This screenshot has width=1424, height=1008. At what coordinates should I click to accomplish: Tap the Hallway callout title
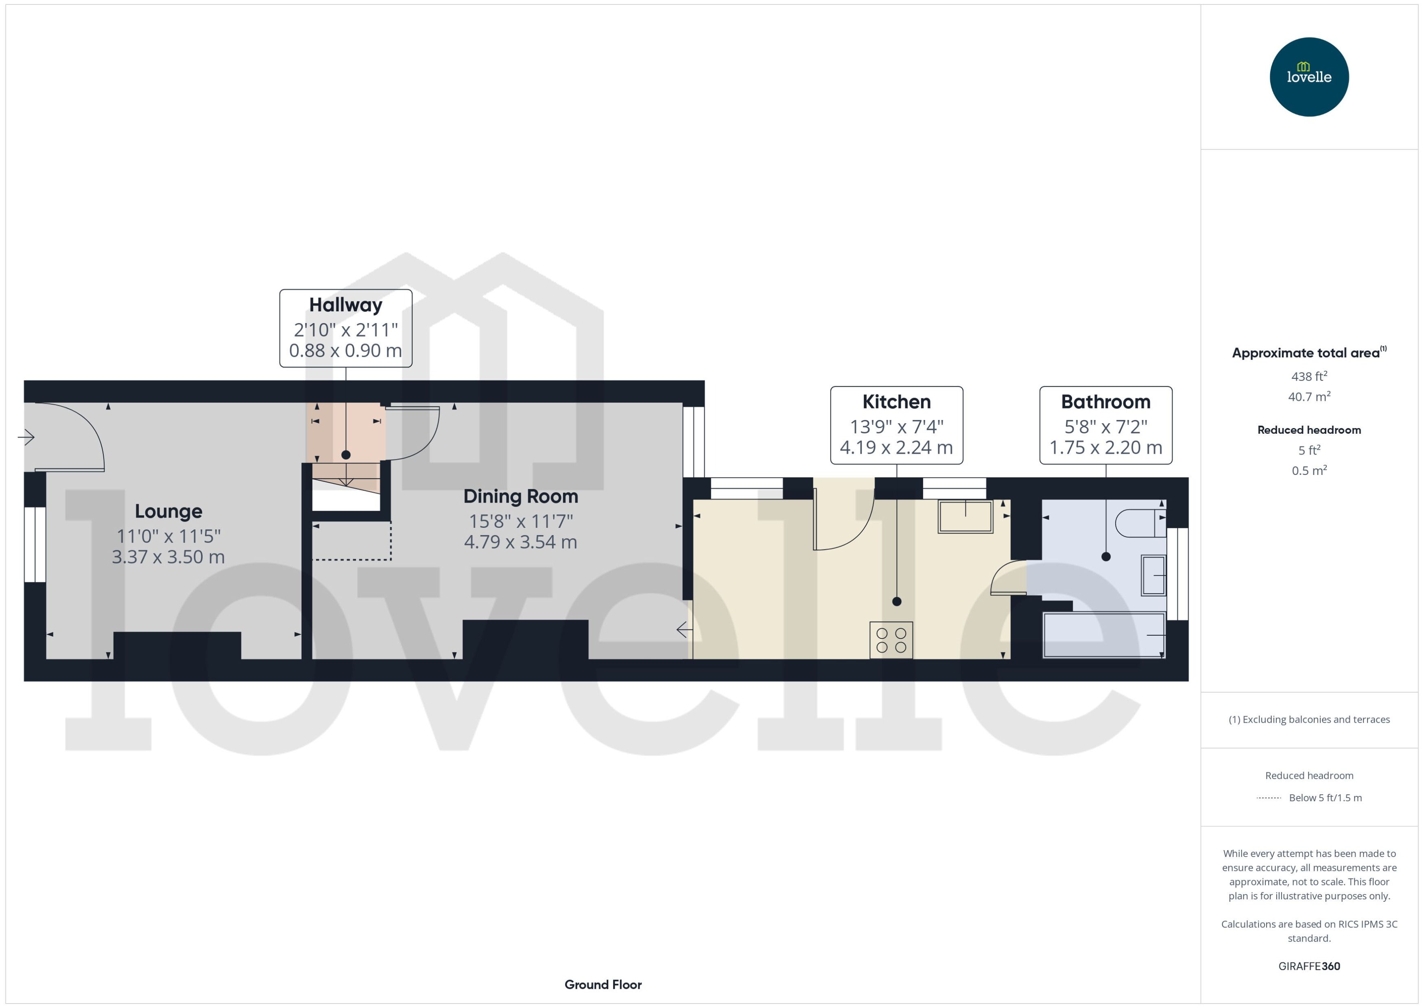coord(345,305)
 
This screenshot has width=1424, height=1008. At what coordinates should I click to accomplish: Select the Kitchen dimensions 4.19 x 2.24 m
coord(896,448)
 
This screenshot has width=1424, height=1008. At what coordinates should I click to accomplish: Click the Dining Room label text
coord(521,496)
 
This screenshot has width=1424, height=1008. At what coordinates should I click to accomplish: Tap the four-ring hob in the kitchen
coord(891,640)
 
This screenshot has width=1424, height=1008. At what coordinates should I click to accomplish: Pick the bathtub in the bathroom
coord(1104,634)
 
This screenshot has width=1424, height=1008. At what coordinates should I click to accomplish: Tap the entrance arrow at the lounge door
coord(26,437)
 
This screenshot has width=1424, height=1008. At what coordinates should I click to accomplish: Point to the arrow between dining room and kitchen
coord(684,630)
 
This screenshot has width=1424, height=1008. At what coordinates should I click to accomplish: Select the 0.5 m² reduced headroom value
coord(1308,470)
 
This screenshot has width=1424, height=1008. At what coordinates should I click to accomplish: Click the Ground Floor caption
coord(603,984)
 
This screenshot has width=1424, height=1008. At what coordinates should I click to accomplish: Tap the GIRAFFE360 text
coord(1308,966)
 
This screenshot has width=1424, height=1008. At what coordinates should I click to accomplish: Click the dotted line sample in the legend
coord(1268,798)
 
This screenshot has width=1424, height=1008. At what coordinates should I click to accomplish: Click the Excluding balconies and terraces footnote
coord(1308,720)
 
